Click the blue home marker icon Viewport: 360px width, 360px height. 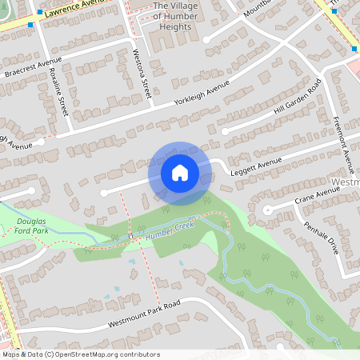[x=180, y=172]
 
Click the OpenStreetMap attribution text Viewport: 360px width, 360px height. [x=80, y=354]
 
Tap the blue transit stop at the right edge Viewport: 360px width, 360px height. [x=354, y=49]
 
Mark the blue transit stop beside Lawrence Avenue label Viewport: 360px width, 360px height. [x=30, y=24]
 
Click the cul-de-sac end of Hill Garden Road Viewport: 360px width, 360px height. [x=224, y=130]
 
